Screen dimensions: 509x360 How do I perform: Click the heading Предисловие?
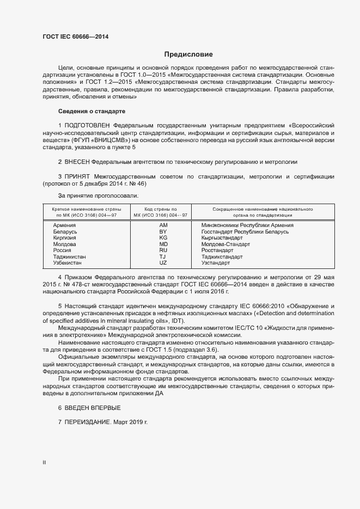tap(188, 54)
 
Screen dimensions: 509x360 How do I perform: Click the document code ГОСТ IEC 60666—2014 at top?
tap(75, 36)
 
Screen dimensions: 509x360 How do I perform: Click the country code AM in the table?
tap(163, 225)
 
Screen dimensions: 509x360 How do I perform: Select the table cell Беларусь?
tap(65, 231)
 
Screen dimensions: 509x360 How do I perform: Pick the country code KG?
tap(163, 238)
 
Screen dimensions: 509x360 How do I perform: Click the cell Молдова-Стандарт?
tap(225, 244)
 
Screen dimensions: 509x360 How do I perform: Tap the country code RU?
tap(163, 250)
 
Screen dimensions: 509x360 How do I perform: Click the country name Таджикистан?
tap(70, 256)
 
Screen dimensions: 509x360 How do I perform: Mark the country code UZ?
tap(163, 262)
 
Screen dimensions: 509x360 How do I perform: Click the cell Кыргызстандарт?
tap(222, 238)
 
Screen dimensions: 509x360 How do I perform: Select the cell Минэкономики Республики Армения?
tap(247, 225)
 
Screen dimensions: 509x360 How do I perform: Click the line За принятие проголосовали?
tap(99, 195)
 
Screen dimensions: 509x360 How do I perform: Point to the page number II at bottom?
tap(44, 463)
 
